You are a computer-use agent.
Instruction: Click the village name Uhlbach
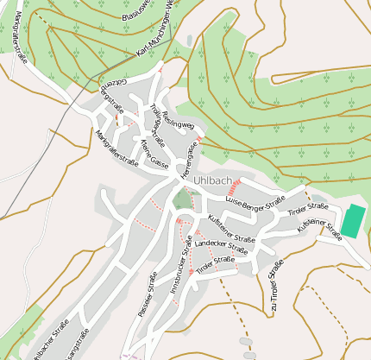pos(212,180)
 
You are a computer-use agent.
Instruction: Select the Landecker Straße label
pos(221,246)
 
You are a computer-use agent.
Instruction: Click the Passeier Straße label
pos(147,294)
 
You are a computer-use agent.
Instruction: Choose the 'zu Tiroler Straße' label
pos(275,285)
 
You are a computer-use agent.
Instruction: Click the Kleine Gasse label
pos(154,151)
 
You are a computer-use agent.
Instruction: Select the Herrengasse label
pos(189,159)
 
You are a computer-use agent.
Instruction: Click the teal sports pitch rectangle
pos(352,221)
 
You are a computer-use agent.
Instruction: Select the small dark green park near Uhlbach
pos(182,200)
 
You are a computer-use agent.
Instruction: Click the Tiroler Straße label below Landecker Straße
pos(215,265)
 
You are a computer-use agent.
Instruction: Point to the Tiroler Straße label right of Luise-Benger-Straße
pos(308,209)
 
